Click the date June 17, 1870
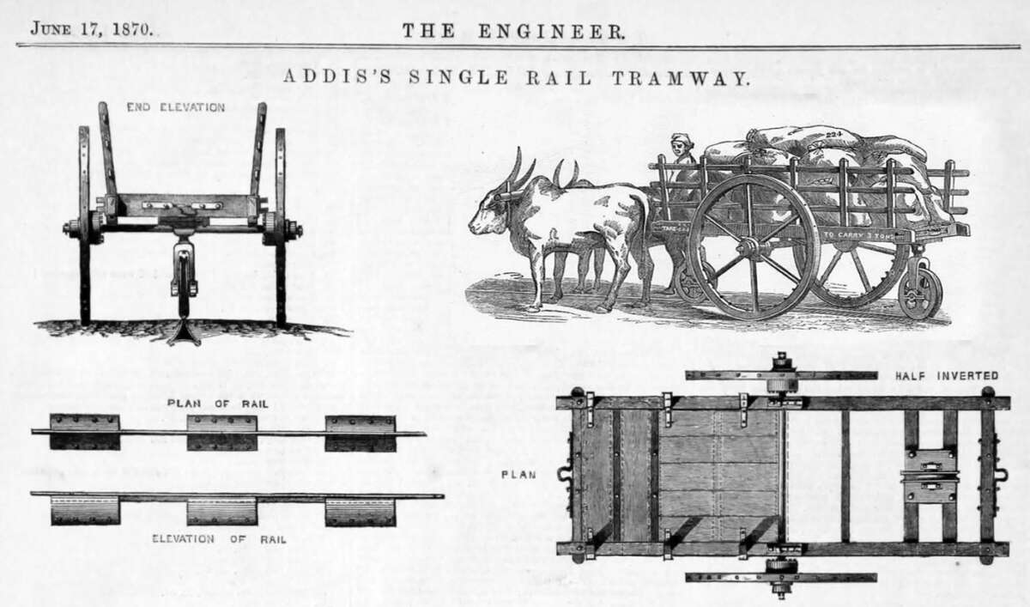(x=92, y=28)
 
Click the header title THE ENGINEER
(x=513, y=31)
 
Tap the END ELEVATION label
(x=175, y=107)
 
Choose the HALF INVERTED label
(x=946, y=375)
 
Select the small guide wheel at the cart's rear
(x=919, y=294)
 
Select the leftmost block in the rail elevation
(x=84, y=511)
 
